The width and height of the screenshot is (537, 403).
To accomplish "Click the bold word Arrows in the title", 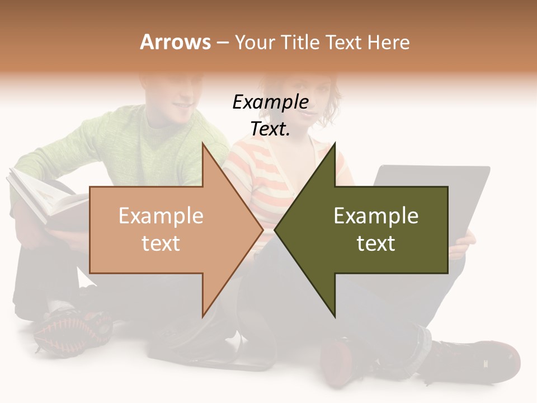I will [x=175, y=42].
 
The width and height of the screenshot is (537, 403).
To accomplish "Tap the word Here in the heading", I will [x=388, y=42].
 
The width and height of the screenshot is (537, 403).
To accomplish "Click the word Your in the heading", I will [x=254, y=42].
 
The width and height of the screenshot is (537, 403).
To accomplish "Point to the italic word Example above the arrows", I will [x=270, y=102].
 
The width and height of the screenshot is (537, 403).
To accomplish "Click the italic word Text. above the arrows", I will [x=270, y=129].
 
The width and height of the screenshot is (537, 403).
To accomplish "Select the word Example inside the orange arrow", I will [x=161, y=216].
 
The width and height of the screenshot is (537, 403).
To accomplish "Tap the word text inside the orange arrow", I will [x=161, y=243].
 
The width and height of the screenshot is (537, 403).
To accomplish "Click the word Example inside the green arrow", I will [x=376, y=216].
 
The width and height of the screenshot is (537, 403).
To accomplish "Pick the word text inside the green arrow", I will [x=376, y=243].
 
